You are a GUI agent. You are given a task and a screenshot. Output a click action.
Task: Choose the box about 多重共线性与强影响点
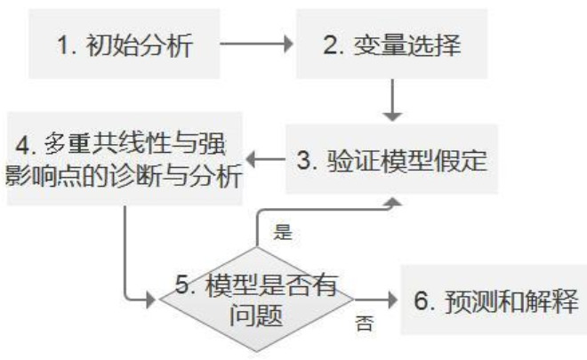125,160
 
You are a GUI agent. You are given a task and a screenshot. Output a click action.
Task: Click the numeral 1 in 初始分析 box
64,44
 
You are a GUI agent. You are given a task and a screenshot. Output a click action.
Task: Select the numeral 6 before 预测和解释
422,300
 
